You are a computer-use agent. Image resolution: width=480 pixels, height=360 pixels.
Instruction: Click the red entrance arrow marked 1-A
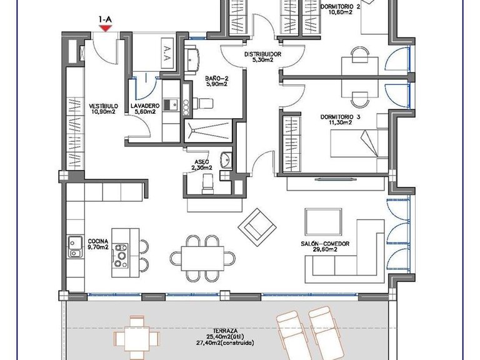point(105,28)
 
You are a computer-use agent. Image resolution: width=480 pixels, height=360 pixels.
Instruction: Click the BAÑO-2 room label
point(216,82)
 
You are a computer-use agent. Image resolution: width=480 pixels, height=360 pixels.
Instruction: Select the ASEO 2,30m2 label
point(201,164)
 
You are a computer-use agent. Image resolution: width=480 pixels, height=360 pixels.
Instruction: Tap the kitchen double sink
point(75,247)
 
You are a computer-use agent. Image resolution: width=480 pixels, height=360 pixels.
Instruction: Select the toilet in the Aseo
point(207,182)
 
